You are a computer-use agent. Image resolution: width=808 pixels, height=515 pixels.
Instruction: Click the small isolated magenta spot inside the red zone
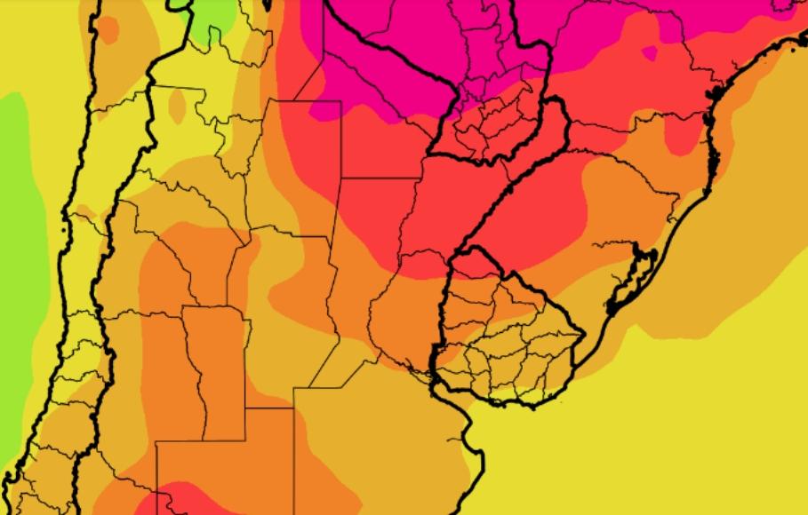(x=649, y=53)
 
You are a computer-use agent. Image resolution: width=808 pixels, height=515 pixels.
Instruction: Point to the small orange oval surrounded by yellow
(x=177, y=107)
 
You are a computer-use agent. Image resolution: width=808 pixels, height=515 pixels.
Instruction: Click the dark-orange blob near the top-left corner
(x=107, y=29)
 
